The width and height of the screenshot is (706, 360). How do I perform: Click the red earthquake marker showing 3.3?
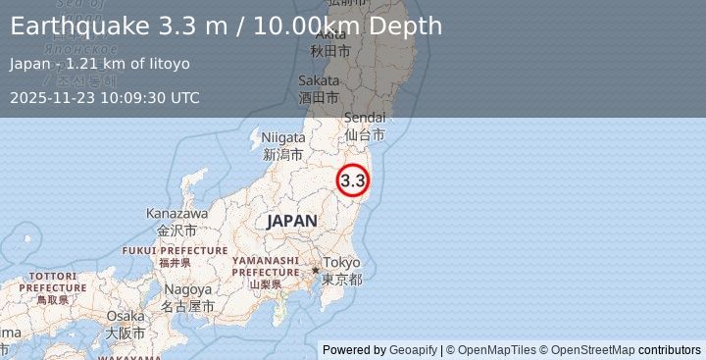click(353, 180)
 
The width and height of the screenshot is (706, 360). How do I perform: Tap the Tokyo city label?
click(342, 263)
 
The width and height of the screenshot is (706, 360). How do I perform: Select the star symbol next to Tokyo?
click(316, 269)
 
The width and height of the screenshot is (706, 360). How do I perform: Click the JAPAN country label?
click(291, 222)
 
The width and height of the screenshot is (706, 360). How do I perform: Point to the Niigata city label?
click(282, 138)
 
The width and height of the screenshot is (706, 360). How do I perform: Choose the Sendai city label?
click(364, 118)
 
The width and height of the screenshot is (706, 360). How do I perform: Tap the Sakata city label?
click(320, 81)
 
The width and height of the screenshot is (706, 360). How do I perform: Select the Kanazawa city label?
click(176, 213)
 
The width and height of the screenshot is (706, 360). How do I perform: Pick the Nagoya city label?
click(187, 290)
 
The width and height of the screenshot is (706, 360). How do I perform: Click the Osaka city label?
click(126, 316)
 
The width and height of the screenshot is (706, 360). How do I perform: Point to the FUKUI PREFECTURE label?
click(176, 250)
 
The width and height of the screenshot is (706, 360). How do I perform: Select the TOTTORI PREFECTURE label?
click(53, 282)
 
